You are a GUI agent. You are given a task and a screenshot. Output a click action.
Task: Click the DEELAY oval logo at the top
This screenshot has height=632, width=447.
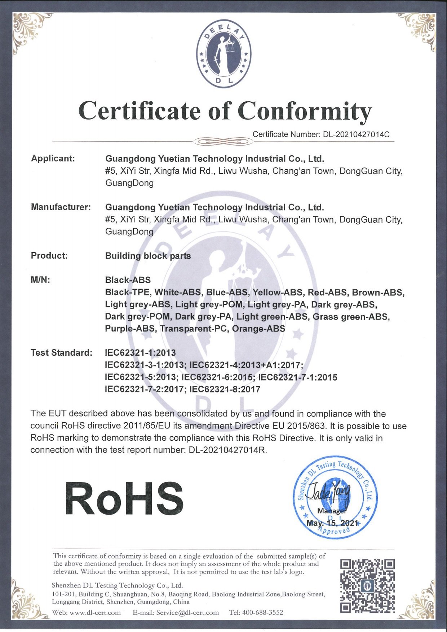pyautogui.click(x=223, y=53)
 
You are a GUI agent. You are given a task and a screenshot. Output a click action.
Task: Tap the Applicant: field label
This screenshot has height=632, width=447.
pyautogui.click(x=53, y=158)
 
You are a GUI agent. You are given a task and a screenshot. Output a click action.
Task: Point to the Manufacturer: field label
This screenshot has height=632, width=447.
pyautogui.click(x=61, y=207)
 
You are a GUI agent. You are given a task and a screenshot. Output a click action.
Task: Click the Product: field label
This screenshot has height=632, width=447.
pyautogui.click(x=49, y=255)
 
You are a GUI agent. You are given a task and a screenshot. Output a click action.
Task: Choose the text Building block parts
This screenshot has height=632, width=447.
pyautogui.click(x=148, y=256)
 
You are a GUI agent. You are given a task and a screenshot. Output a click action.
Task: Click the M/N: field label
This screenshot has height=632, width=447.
pyautogui.click(x=40, y=280)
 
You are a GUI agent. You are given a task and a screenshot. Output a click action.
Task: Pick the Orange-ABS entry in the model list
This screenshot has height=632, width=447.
pyautogui.click(x=258, y=329)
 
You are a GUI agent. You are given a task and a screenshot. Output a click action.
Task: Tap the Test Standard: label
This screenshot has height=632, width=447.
pyautogui.click(x=61, y=352)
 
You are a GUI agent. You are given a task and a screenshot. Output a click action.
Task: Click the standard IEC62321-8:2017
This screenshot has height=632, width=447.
pyautogui.click(x=225, y=389)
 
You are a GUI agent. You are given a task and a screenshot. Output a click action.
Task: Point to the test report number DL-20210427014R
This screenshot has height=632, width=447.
pyautogui.click(x=227, y=450)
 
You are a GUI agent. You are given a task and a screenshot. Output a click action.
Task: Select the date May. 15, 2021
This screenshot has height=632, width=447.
pyautogui.click(x=332, y=523)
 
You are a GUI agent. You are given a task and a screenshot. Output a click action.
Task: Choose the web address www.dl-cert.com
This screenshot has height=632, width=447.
pyautogui.click(x=95, y=613)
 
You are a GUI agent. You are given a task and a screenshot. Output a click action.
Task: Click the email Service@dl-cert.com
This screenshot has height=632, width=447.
pyautogui.click(x=187, y=613)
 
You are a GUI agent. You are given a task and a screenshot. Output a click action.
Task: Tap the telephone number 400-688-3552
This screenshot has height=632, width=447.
pyautogui.click(x=262, y=613)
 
